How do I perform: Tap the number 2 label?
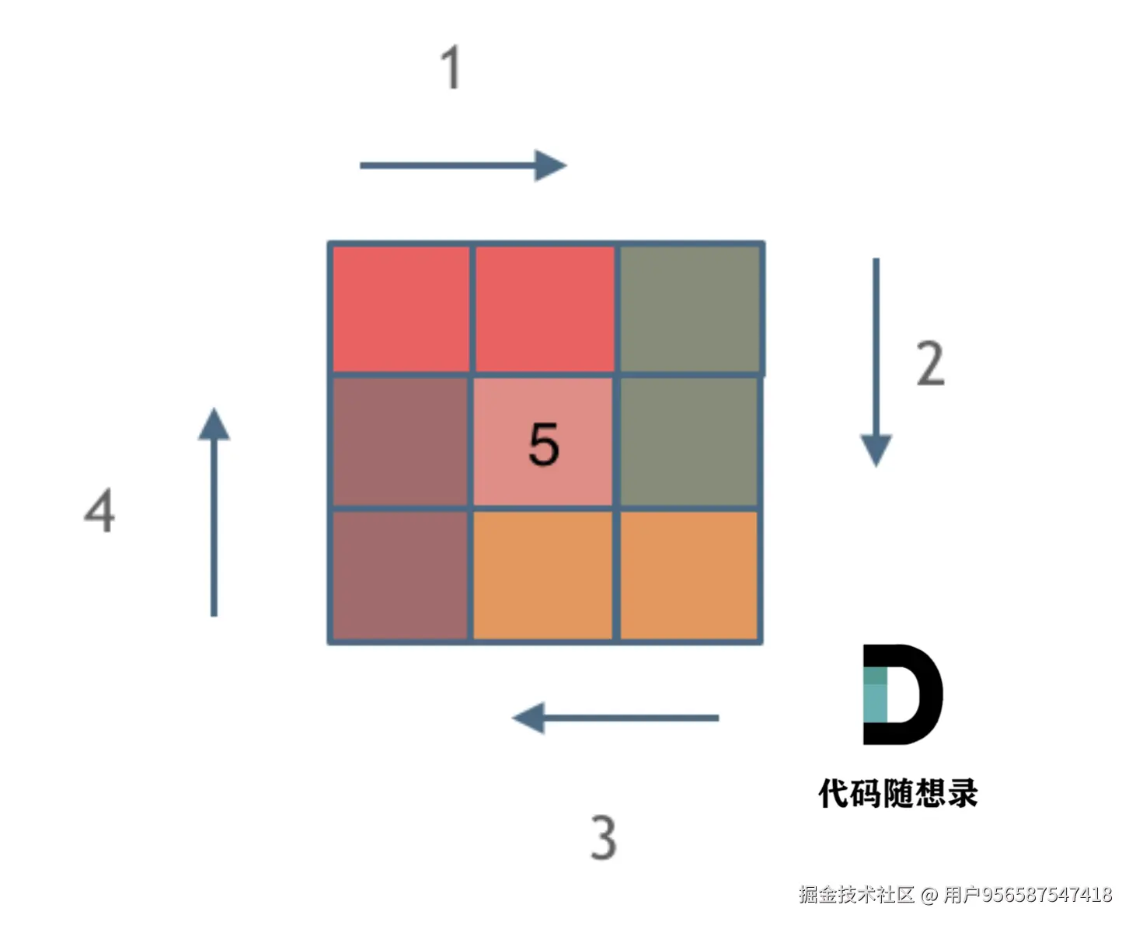(930, 364)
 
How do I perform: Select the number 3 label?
(604, 837)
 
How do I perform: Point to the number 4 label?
(100, 510)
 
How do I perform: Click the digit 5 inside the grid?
(543, 444)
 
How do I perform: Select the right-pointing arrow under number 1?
(463, 165)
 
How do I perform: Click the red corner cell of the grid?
(401, 308)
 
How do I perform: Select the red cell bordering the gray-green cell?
(544, 308)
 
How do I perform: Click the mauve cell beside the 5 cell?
(400, 442)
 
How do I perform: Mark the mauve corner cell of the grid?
(400, 576)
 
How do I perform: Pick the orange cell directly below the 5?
(542, 576)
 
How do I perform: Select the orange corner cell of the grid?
(688, 576)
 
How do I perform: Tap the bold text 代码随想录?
(898, 794)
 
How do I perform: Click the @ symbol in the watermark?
(929, 896)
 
